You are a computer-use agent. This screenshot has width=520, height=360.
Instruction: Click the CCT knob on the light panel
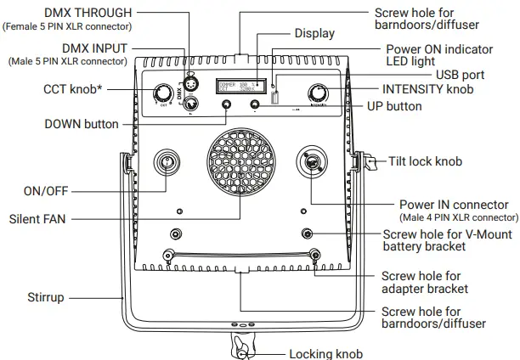(x=161, y=94)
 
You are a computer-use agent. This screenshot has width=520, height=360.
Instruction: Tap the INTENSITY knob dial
(x=320, y=93)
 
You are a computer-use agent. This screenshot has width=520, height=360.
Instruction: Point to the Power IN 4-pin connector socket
(x=310, y=161)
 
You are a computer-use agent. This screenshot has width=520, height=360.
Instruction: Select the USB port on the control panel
(x=274, y=98)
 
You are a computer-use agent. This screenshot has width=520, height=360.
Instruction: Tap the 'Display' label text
(x=314, y=33)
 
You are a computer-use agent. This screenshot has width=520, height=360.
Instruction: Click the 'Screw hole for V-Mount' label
(x=445, y=233)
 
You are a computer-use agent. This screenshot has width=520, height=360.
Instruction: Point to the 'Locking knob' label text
(x=326, y=353)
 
